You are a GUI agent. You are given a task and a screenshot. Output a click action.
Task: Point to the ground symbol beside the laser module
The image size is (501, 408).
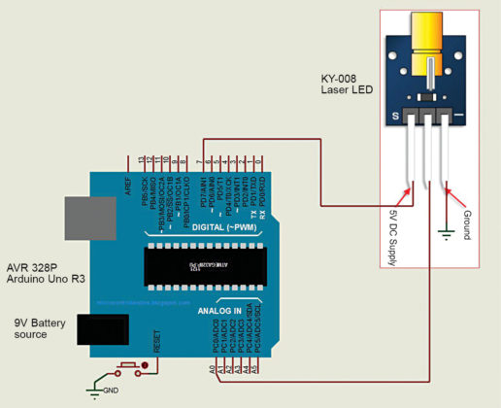click(x=445, y=233)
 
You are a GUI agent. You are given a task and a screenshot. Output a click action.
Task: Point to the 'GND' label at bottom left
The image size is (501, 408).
click(x=113, y=391)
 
